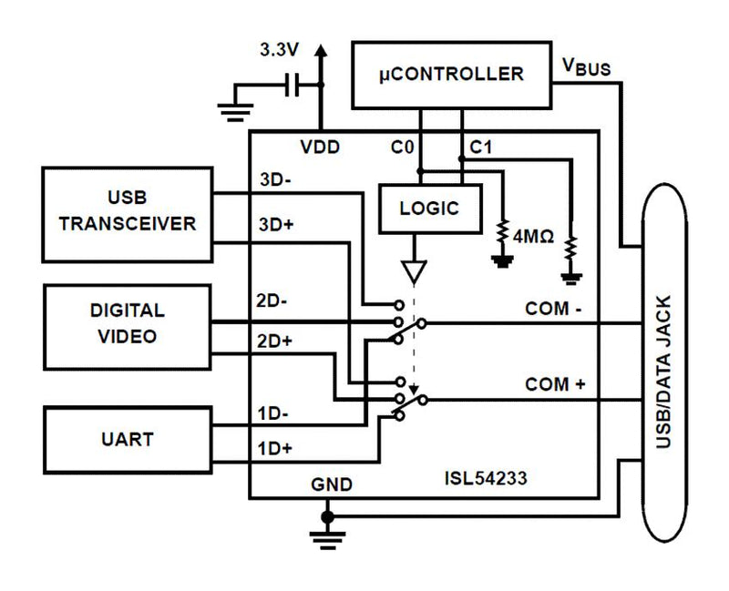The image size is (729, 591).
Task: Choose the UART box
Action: (x=127, y=440)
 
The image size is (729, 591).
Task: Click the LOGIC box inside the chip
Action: (x=428, y=209)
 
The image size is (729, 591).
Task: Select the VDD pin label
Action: (x=322, y=147)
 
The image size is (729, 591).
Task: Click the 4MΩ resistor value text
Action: (x=534, y=237)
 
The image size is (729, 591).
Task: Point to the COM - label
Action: (x=553, y=310)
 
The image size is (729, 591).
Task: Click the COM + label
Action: (x=554, y=385)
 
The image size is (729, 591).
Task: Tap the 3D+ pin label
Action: (x=275, y=223)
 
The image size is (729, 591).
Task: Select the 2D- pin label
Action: (x=274, y=301)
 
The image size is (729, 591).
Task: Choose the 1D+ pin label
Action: (x=275, y=448)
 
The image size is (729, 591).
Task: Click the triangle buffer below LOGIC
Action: (x=415, y=270)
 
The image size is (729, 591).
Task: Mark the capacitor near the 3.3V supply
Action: (x=293, y=87)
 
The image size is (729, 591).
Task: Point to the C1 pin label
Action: (x=479, y=147)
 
